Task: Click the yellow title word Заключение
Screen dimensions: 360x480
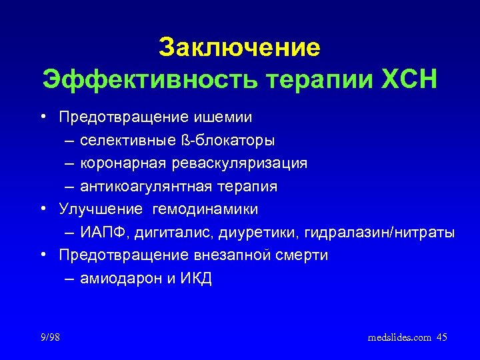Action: click(x=239, y=47)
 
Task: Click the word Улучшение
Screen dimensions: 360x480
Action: click(x=101, y=209)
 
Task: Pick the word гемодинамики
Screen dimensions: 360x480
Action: click(x=205, y=209)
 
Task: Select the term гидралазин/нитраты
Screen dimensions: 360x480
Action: click(x=379, y=233)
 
